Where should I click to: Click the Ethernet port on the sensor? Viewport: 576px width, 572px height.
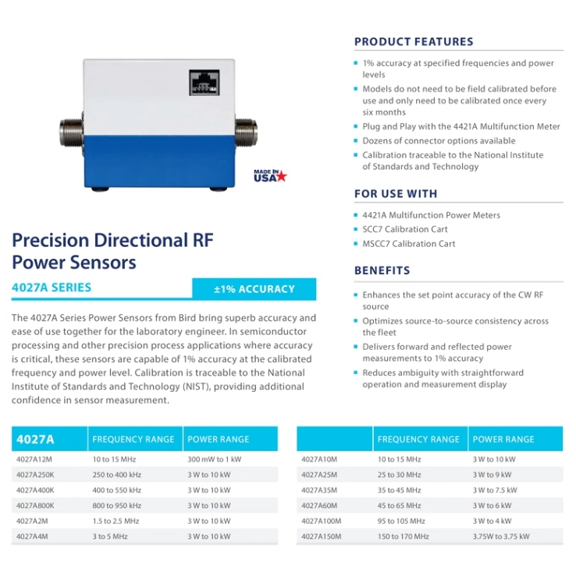[x=204, y=83]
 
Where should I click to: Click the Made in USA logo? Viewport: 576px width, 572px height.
[x=270, y=175]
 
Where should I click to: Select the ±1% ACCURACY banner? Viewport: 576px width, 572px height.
[x=254, y=289]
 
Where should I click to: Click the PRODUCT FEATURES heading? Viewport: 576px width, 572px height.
[x=414, y=42]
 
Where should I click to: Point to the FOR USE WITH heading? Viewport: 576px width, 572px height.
[x=396, y=194]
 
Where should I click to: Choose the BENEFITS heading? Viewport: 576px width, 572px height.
[x=382, y=270]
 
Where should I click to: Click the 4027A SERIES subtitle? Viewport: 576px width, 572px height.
[x=52, y=288]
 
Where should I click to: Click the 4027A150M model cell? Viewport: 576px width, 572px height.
[x=322, y=536]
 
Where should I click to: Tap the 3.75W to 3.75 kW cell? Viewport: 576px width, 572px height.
[x=501, y=536]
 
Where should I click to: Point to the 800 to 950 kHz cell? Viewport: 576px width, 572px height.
[x=117, y=506]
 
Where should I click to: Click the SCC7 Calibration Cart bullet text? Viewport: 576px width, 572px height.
[x=405, y=230]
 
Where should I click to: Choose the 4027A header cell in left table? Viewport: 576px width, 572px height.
[x=36, y=440]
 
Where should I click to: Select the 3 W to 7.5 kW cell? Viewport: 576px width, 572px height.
[x=495, y=490]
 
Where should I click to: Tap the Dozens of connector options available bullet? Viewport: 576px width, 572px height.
[x=439, y=141]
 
